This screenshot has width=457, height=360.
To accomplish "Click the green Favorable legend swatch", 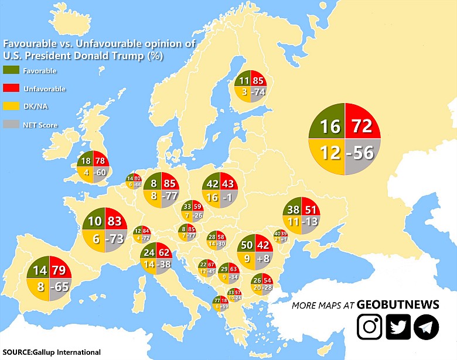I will click(12, 71).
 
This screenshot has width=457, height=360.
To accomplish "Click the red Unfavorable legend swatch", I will click(12, 88).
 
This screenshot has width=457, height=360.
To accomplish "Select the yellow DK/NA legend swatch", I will click(12, 107).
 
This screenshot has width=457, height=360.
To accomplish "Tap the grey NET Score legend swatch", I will click(12, 125).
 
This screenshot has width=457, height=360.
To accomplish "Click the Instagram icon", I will click(370, 327).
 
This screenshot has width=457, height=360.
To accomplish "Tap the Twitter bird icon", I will click(398, 327).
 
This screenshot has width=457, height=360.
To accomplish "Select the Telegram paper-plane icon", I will click(426, 327).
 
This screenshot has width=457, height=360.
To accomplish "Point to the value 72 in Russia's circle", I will click(362, 125).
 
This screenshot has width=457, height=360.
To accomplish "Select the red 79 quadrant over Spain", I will click(59, 271).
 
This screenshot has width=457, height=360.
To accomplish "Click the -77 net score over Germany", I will click(170, 196).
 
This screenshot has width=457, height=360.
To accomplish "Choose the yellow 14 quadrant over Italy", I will click(148, 264).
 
